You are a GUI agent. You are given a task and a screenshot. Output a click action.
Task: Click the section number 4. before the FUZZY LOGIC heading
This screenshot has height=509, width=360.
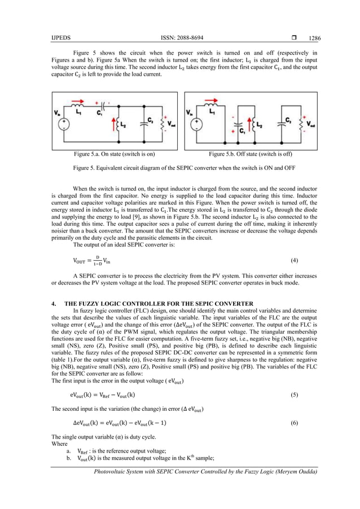click(54, 304)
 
